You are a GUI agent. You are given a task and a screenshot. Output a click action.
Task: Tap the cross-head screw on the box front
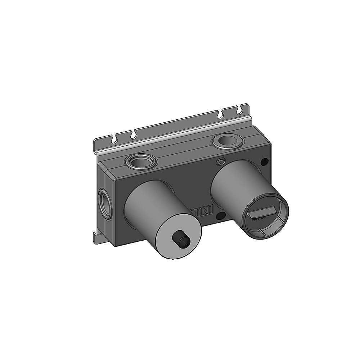[x=220, y=162]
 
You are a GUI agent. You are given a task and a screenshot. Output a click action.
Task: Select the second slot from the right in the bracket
[x=220, y=114]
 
